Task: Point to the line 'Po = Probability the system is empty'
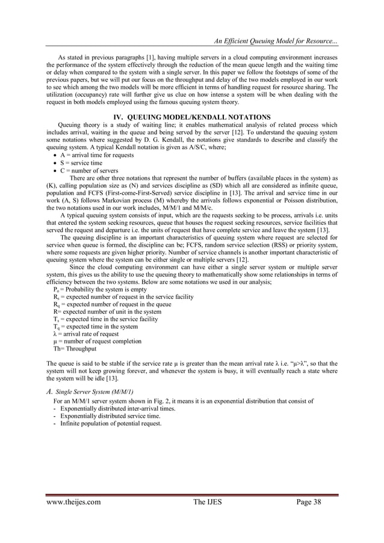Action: pos(100,289)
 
